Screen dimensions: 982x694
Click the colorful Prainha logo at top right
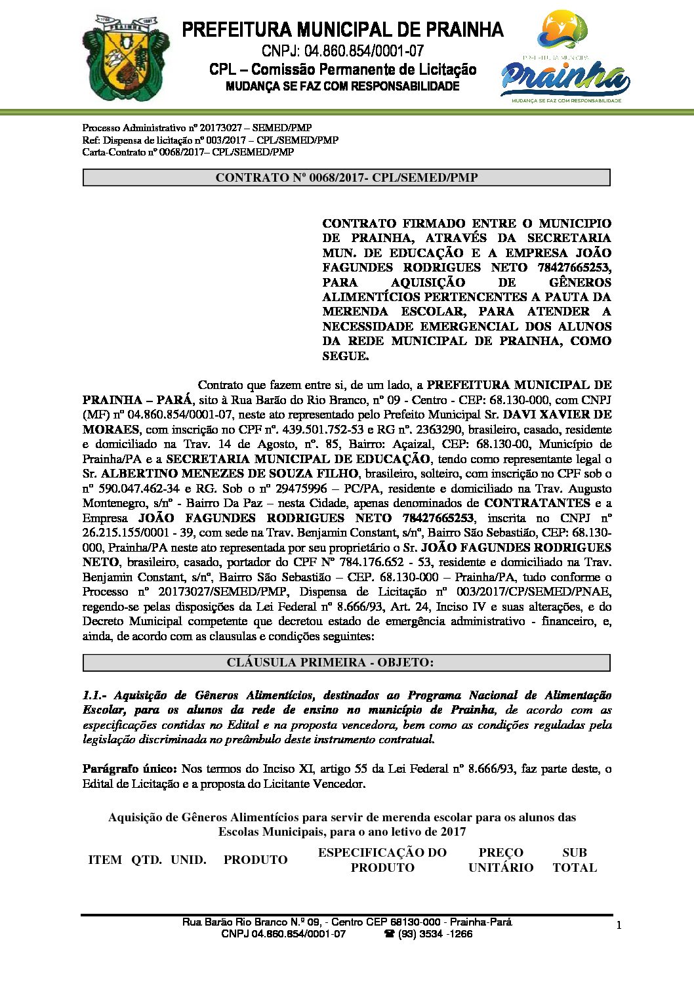[x=565, y=58]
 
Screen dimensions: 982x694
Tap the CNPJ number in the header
[x=342, y=51]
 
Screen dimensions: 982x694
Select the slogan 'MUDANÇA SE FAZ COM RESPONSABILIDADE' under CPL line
[x=342, y=87]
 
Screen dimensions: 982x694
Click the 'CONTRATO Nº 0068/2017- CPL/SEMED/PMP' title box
[x=346, y=177]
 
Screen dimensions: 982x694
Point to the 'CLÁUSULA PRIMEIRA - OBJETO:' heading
[x=346, y=663]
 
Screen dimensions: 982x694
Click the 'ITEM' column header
[x=105, y=860]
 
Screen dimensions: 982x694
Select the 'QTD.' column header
[x=146, y=860]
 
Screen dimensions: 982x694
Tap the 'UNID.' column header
[x=188, y=860]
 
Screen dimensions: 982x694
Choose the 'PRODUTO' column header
[x=255, y=860]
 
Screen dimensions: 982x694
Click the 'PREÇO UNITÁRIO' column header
[x=500, y=860]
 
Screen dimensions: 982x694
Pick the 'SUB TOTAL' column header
[x=574, y=860]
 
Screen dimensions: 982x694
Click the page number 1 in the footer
[x=619, y=925]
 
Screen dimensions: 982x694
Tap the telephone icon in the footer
[x=388, y=934]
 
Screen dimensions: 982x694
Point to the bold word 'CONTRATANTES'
[x=537, y=503]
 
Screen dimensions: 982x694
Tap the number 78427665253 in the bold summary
[x=570, y=268]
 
